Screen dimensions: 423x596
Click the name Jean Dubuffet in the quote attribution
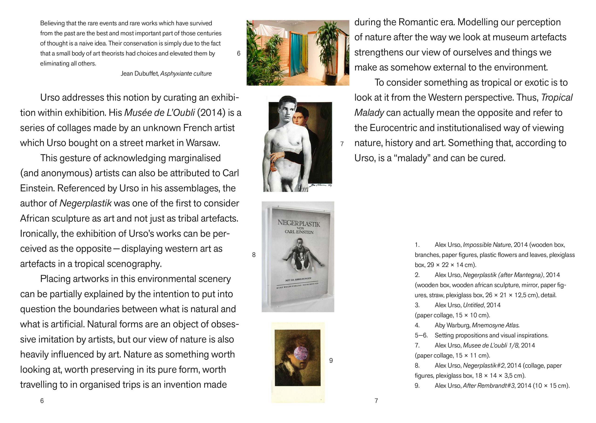(139, 74)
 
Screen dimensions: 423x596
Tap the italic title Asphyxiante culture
(186, 74)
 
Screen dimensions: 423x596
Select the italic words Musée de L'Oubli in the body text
(159, 113)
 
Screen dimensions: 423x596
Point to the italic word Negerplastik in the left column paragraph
(85, 203)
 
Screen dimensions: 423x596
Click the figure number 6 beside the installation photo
(239, 54)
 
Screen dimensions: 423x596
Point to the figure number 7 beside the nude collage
(342, 144)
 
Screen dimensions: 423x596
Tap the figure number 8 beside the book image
(254, 255)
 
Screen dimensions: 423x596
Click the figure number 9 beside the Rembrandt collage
(331, 361)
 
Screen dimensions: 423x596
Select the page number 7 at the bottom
(376, 401)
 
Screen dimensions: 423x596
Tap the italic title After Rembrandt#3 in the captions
(488, 386)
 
